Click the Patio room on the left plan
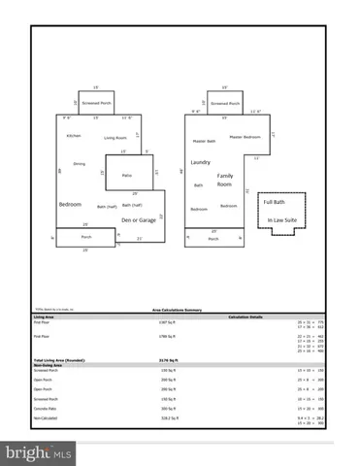pos(125,175)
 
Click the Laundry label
pos(201,162)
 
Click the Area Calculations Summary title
pos(180,311)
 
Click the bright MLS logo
pos(39,452)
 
